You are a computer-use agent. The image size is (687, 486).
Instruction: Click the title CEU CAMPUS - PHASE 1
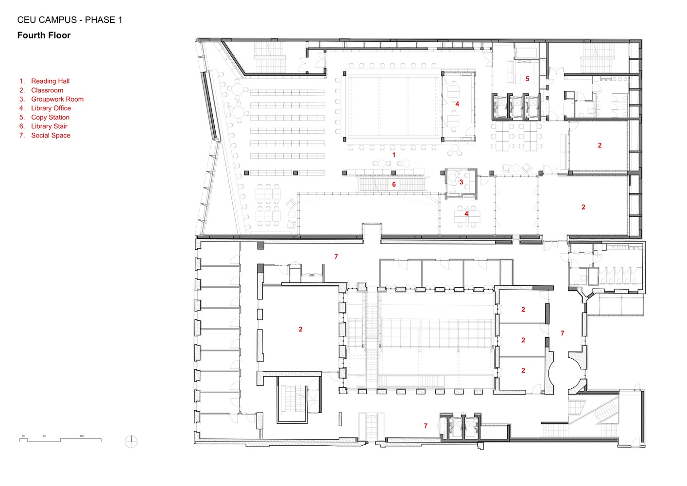[69, 20]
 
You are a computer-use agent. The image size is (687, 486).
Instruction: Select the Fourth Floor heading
[44, 35]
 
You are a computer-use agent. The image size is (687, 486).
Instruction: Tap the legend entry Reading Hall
[50, 81]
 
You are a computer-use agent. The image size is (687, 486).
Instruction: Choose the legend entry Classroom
[47, 90]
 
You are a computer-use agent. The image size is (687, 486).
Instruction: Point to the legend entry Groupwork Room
[57, 99]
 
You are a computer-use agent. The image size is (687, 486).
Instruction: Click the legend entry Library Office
[51, 108]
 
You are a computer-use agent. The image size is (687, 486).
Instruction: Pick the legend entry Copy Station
[50, 117]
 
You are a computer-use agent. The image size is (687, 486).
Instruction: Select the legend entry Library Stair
[49, 126]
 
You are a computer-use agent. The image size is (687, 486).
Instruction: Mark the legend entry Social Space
[51, 136]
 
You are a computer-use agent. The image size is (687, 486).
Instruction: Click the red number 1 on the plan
[394, 155]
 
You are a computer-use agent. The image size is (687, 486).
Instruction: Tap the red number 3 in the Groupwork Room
[461, 182]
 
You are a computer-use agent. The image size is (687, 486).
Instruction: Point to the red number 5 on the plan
[527, 79]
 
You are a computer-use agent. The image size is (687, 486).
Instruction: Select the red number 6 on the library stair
[394, 185]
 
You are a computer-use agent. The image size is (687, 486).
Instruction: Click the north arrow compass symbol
[131, 442]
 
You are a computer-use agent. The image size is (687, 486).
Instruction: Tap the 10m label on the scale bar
[82, 436]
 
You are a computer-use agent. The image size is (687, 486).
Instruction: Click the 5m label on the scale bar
[44, 436]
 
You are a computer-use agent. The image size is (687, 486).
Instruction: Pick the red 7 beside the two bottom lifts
[426, 426]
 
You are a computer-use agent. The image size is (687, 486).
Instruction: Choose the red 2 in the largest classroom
[300, 330]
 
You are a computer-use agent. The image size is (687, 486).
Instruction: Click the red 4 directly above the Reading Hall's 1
[457, 104]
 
